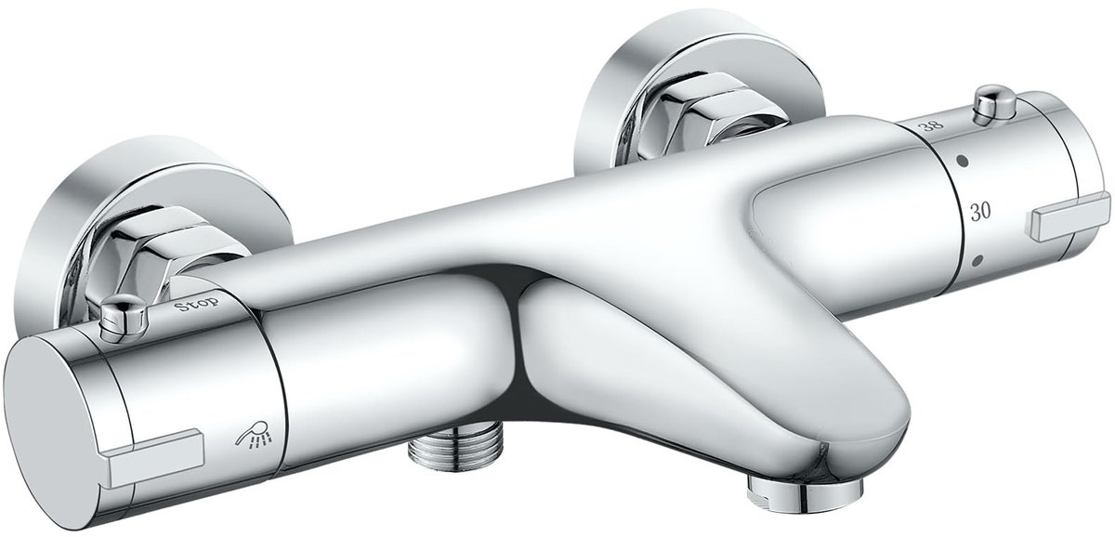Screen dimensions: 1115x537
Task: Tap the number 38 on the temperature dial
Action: click(x=930, y=124)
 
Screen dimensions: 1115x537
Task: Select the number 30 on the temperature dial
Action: click(x=980, y=212)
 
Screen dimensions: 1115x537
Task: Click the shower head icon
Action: click(x=255, y=434)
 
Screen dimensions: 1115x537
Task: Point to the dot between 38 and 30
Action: click(x=963, y=161)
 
